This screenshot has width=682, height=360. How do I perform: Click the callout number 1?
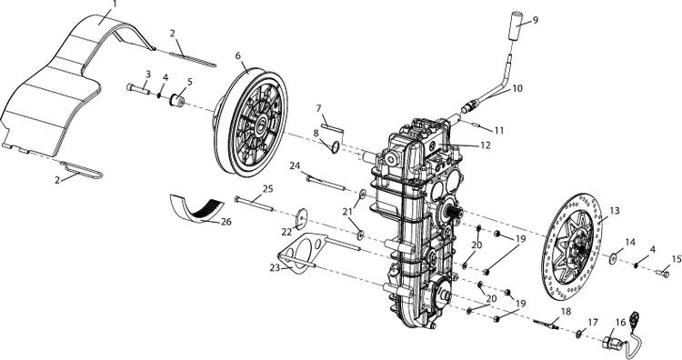tap(115, 4)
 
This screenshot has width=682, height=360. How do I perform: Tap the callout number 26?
tap(226, 221)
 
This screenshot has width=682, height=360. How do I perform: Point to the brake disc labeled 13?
tap(573, 246)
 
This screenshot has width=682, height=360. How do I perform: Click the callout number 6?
tap(237, 55)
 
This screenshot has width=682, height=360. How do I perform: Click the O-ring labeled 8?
tap(335, 147)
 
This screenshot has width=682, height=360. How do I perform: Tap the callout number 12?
tap(486, 145)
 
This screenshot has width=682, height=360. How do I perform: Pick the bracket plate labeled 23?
tap(300, 254)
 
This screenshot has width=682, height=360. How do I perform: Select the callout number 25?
tap(267, 190)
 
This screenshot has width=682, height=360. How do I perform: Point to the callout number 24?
tap(296, 165)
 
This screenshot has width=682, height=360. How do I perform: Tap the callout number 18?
tap(566, 311)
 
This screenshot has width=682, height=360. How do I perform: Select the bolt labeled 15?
tap(662, 273)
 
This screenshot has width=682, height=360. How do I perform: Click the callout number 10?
tap(517, 88)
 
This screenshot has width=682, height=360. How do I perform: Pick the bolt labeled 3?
tap(138, 89)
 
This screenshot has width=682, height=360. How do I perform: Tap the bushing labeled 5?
tap(176, 101)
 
